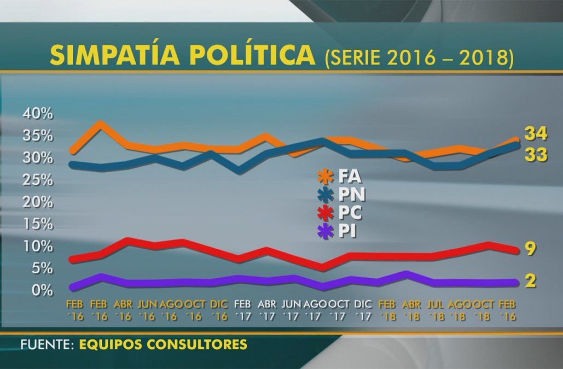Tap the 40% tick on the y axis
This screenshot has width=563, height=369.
point(38,114)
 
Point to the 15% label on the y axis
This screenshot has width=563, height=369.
point(38,224)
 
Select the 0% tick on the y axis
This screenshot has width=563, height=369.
point(42,290)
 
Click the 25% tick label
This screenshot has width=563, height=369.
point(38,180)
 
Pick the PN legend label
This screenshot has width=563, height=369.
point(352,195)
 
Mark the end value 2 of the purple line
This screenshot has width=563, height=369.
point(530,281)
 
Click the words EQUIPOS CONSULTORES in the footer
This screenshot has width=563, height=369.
point(162,345)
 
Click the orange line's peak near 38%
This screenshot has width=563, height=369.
point(99,125)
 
